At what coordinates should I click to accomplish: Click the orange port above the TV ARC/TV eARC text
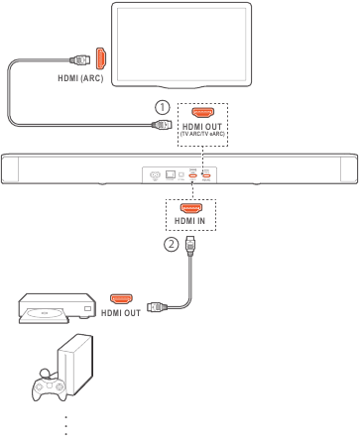point(202,114)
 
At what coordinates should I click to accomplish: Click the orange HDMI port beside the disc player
point(122,296)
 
